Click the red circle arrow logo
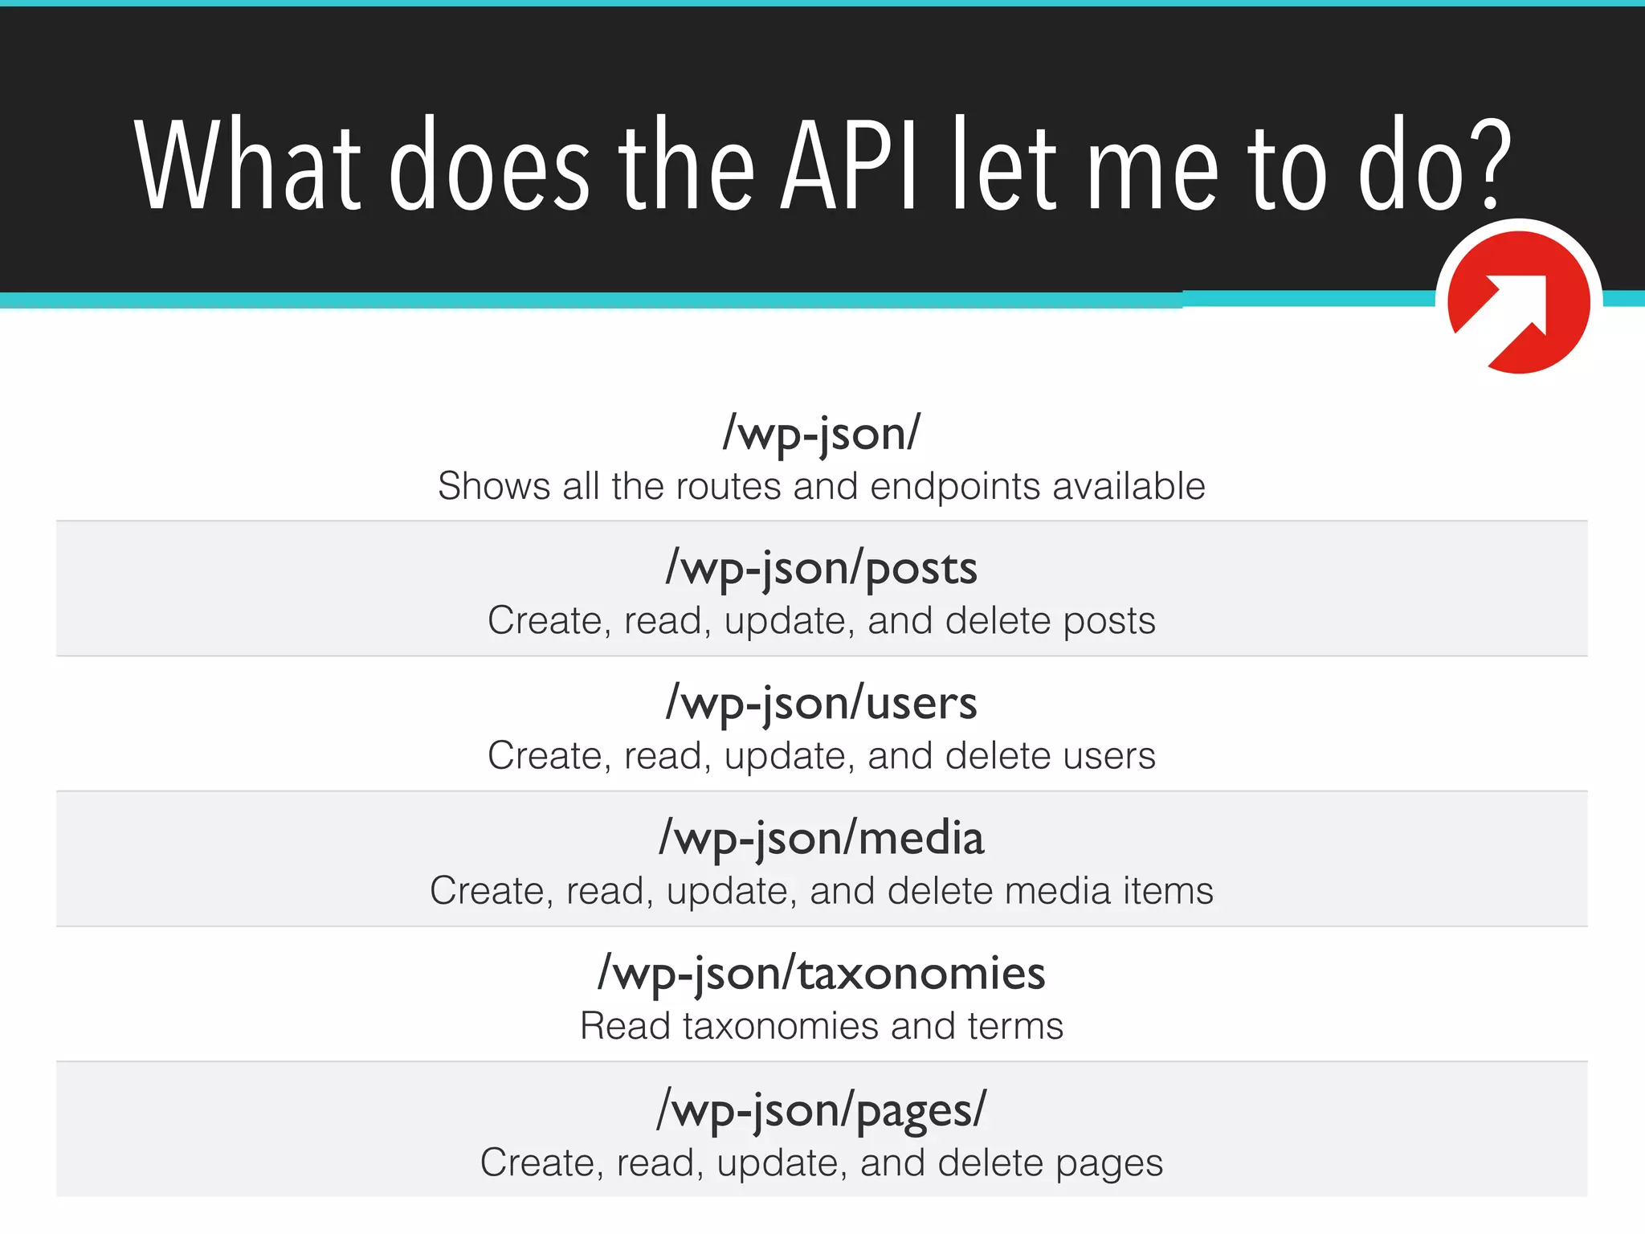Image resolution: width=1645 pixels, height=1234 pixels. click(x=1518, y=302)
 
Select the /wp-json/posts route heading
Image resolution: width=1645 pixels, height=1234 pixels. click(x=822, y=569)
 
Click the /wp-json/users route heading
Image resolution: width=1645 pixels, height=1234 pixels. click(x=822, y=704)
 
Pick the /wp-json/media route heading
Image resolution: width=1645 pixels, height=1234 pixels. click(x=822, y=839)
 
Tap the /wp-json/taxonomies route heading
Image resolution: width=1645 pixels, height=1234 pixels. click(x=822, y=974)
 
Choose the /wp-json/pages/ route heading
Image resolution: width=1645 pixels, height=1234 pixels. click(x=822, y=1110)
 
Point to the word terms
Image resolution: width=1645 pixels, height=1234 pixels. click(x=1015, y=1026)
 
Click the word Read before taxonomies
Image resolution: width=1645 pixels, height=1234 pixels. click(x=625, y=1026)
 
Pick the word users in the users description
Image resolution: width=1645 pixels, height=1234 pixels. click(x=1108, y=756)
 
